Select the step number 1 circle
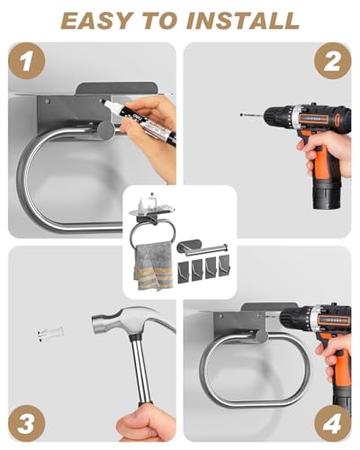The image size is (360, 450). click(x=27, y=61)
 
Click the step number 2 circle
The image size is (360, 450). click(x=333, y=61)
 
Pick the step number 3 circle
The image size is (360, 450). click(x=27, y=423)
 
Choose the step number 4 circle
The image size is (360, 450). click(x=333, y=423)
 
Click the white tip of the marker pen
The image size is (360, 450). click(x=107, y=103)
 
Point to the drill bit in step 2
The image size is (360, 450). click(x=252, y=114)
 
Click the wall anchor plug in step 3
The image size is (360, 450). click(x=50, y=333)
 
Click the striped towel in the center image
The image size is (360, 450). click(x=153, y=266)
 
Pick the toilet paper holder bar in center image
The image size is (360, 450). click(x=203, y=248)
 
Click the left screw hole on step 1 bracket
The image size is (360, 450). click(x=47, y=102)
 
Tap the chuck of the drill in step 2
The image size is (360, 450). click(x=277, y=114)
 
